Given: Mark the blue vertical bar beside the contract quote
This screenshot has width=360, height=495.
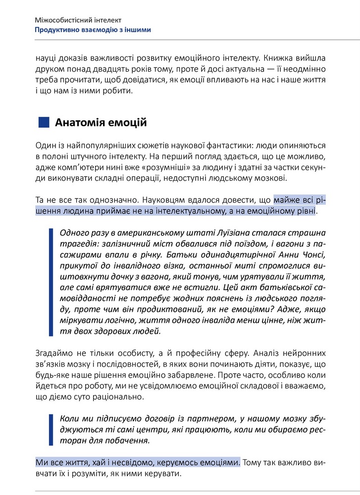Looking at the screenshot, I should (x=51, y=429).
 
